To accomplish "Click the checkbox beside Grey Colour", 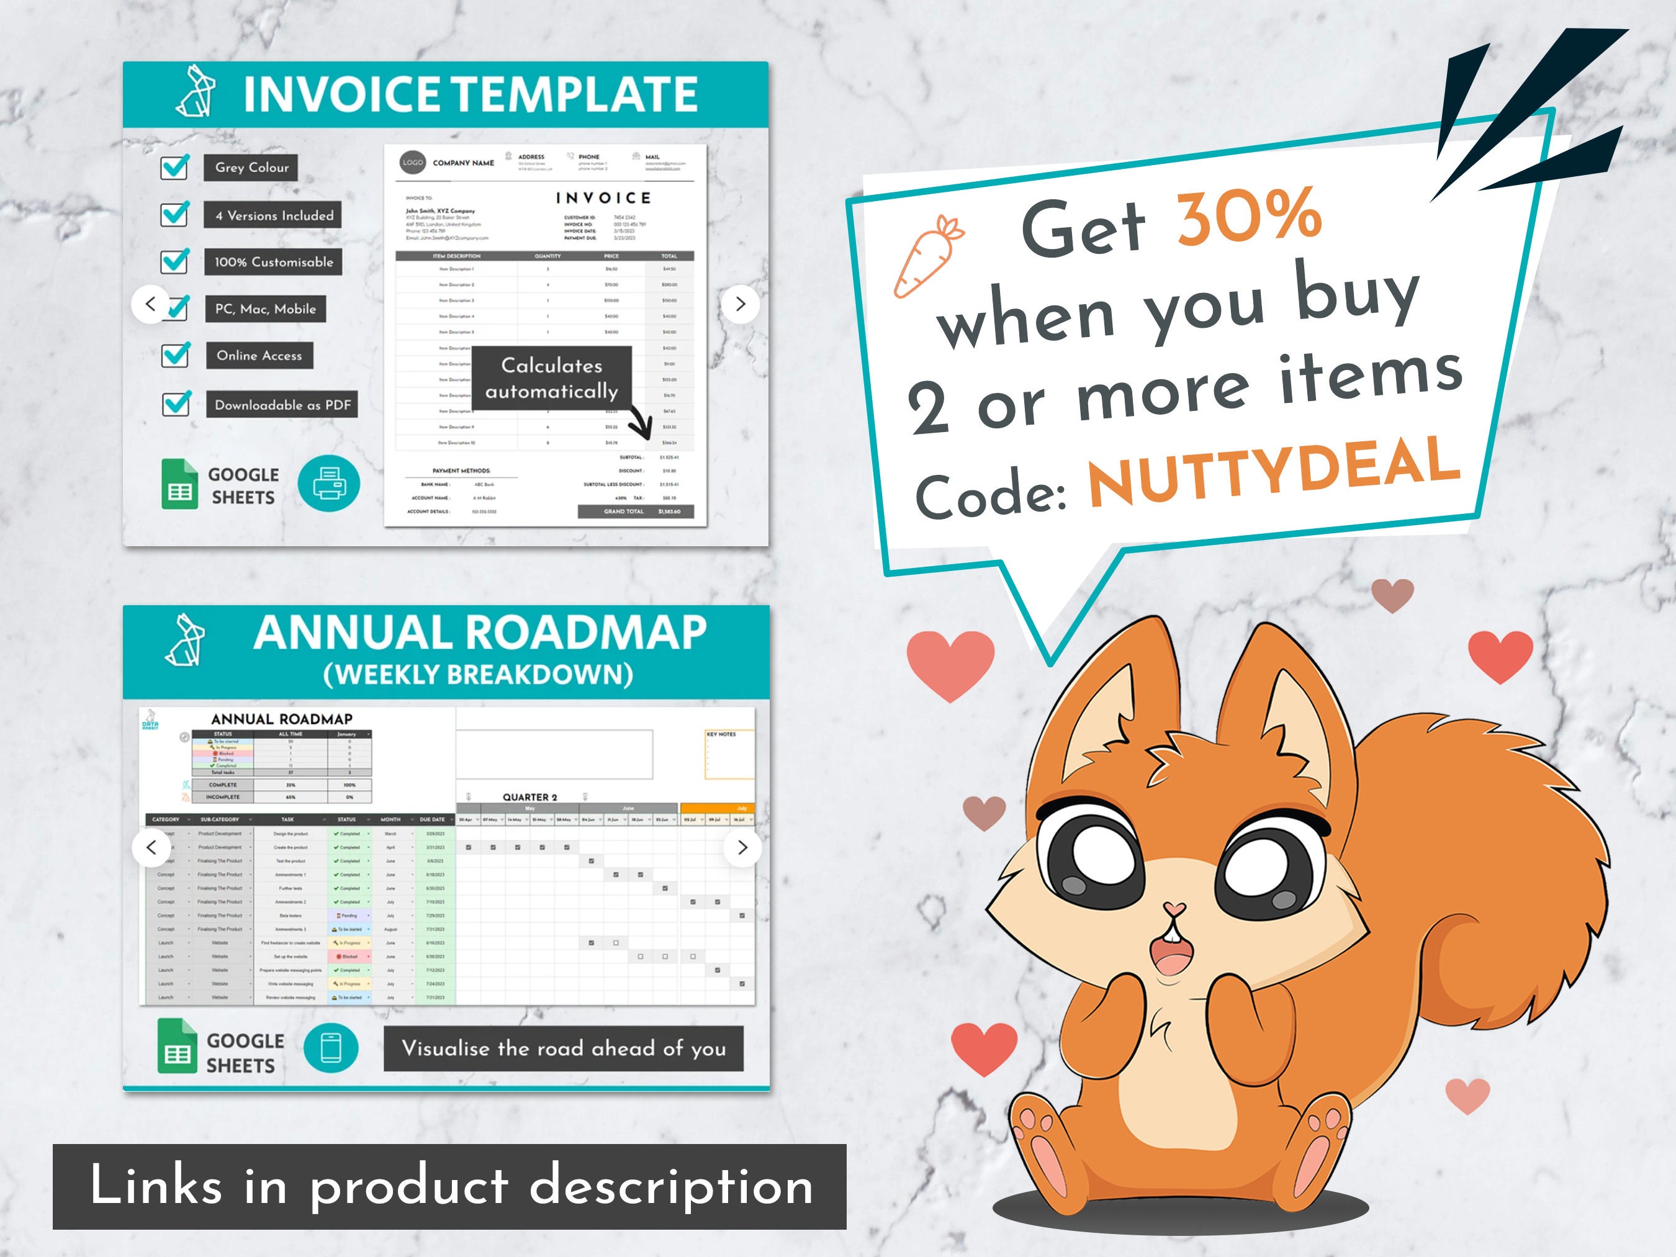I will (175, 167).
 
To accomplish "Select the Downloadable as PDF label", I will (282, 405).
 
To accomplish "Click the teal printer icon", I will (329, 484).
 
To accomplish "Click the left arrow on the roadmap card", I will (151, 847).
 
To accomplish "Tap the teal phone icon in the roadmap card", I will (331, 1048).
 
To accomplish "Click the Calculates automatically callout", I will (552, 378).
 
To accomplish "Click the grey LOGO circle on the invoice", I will (413, 162).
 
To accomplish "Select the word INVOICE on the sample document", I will (603, 199).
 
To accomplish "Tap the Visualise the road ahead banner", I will (564, 1048).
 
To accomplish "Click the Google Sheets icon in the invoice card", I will (179, 485).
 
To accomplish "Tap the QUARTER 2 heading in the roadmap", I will (529, 797).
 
